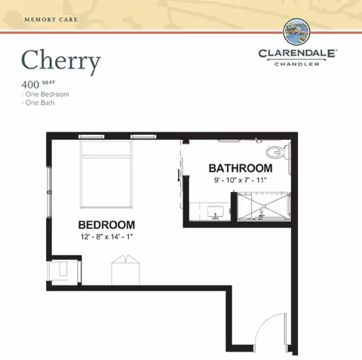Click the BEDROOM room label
click(x=107, y=224)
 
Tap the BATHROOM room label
click(x=240, y=167)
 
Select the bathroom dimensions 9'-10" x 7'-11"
click(x=240, y=181)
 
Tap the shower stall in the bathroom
click(x=263, y=207)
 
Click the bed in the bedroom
click(x=106, y=174)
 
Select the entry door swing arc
click(x=265, y=331)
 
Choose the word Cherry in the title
click(x=60, y=62)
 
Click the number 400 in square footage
click(x=30, y=84)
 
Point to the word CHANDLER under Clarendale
click(x=299, y=65)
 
